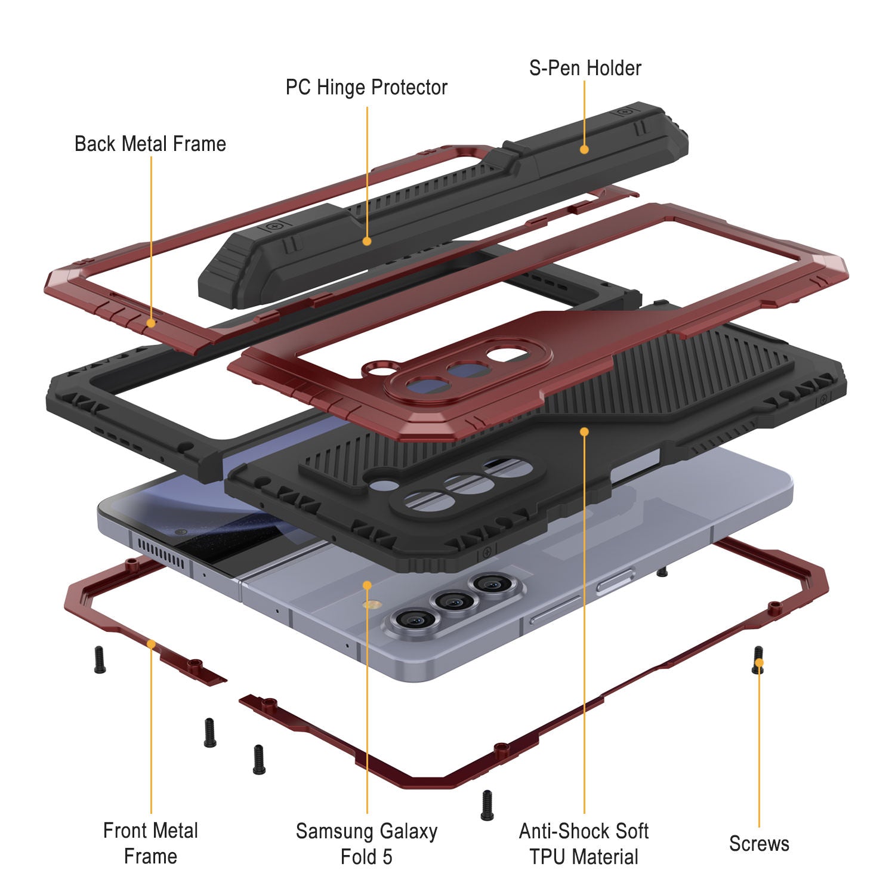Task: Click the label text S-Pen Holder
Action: coord(585,68)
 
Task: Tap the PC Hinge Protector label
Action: coord(366,88)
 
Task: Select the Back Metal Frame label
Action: coord(150,144)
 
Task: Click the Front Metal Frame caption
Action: coord(150,843)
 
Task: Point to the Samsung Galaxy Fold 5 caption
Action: coord(366,844)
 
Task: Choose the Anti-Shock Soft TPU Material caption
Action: coord(584,844)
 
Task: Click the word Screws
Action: coord(759,844)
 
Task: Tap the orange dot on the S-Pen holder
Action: coord(584,149)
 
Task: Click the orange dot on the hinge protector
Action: coord(367,241)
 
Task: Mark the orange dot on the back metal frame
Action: coord(151,323)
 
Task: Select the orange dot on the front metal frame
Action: coord(151,644)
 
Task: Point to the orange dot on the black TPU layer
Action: coord(584,431)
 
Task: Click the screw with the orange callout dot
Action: coord(758,660)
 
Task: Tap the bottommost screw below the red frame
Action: coord(487,805)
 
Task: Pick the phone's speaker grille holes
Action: coord(161,552)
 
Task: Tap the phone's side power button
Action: coord(615,580)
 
